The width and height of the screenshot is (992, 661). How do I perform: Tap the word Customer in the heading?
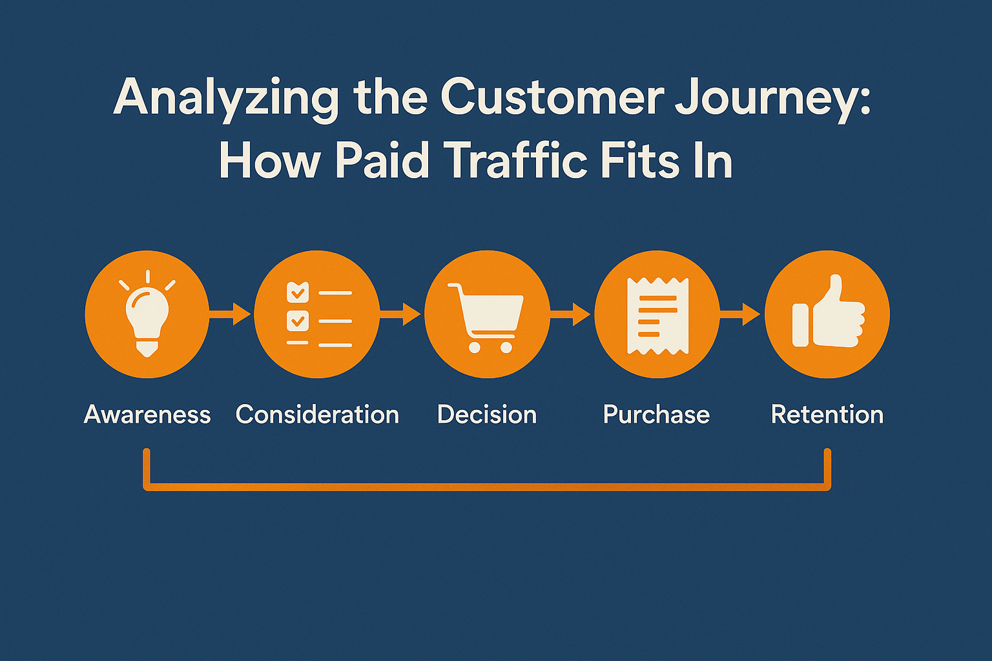pyautogui.click(x=552, y=96)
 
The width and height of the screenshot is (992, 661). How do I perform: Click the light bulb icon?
pyautogui.click(x=147, y=314)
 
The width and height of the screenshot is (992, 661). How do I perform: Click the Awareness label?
pyautogui.click(x=147, y=414)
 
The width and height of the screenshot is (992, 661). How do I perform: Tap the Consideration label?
pyautogui.click(x=317, y=414)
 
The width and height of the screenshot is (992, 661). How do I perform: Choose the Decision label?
pyautogui.click(x=487, y=414)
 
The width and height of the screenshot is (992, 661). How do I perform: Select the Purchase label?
pyautogui.click(x=656, y=415)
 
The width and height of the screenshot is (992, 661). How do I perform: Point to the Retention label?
pyautogui.click(x=827, y=414)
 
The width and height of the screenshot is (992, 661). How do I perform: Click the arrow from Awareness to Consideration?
pyautogui.click(x=230, y=314)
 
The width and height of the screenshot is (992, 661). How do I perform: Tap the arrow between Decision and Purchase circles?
pyautogui.click(x=570, y=314)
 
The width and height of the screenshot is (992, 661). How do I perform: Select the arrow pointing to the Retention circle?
pyautogui.click(x=739, y=314)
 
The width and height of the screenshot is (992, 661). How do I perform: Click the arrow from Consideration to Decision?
pyautogui.click(x=400, y=314)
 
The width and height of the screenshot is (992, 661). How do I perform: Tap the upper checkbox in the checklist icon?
pyautogui.click(x=298, y=292)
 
